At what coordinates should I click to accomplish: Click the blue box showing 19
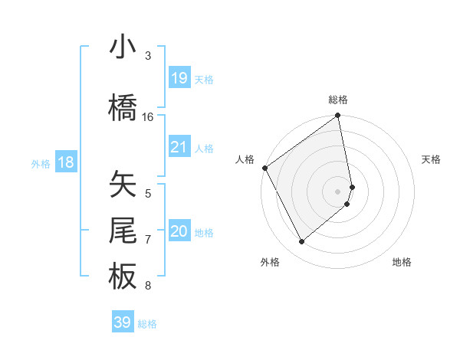pyautogui.click(x=179, y=77)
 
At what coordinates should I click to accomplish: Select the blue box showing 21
pyautogui.click(x=179, y=147)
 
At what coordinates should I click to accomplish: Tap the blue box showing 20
pyautogui.click(x=179, y=231)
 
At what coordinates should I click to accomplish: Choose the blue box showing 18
pyautogui.click(x=65, y=162)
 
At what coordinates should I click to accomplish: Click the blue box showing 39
pyautogui.click(x=122, y=322)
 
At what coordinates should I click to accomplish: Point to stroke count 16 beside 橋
pyautogui.click(x=148, y=116)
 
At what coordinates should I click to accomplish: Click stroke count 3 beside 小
pyautogui.click(x=148, y=56)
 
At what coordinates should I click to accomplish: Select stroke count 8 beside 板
pyautogui.click(x=148, y=286)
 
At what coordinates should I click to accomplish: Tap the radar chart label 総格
pyautogui.click(x=338, y=100)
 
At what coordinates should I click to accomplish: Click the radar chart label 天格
pyautogui.click(x=431, y=159)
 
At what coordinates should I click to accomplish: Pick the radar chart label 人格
pyautogui.click(x=245, y=159)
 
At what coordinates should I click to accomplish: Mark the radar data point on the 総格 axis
pyautogui.click(x=338, y=116)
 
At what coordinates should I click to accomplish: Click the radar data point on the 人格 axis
pyautogui.click(x=264, y=168)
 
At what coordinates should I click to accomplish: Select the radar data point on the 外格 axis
pyautogui.click(x=301, y=242)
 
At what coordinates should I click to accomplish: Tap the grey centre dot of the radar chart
pyautogui.click(x=338, y=191)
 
